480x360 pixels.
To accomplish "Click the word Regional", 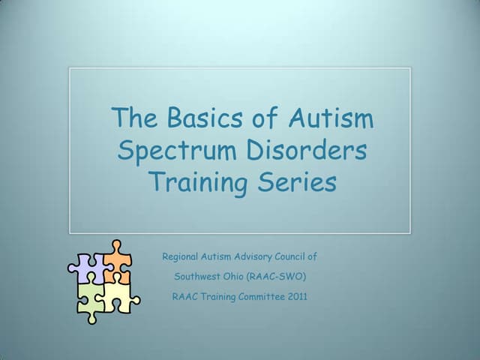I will pos(181,256).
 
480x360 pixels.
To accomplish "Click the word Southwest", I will pos(196,276).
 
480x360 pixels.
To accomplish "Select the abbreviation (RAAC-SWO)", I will pos(279,276).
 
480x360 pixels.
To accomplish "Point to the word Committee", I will pos(250,296).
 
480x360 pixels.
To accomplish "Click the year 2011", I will pos(295,296).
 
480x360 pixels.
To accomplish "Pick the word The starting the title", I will pos(133,118).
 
